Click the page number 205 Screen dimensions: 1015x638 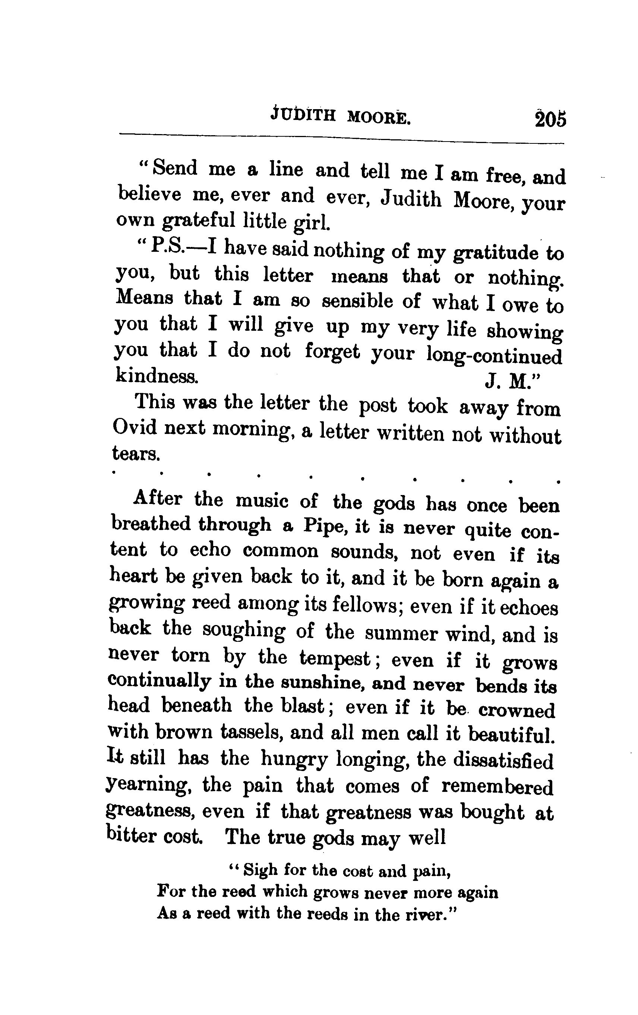pyautogui.click(x=550, y=119)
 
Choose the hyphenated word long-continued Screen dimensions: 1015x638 pyautogui.click(x=494, y=355)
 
